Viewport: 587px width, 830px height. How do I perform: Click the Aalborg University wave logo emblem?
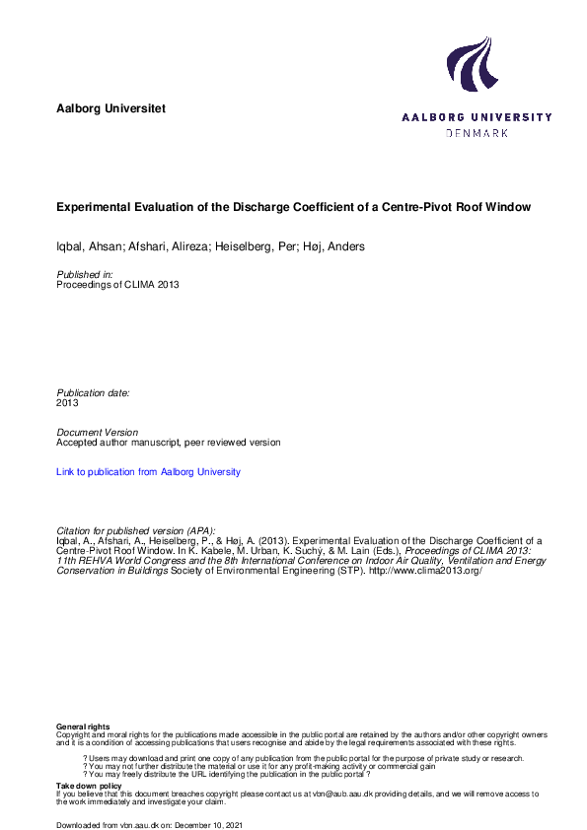click(x=470, y=65)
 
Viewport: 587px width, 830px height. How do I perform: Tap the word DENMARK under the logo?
click(x=477, y=132)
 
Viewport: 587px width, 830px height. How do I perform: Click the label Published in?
click(x=85, y=274)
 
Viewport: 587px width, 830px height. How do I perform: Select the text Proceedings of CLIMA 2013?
click(x=118, y=285)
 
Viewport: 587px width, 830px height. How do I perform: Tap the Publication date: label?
click(x=93, y=392)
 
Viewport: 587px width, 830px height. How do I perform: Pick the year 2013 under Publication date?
click(x=68, y=403)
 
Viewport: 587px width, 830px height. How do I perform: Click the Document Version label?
click(x=98, y=433)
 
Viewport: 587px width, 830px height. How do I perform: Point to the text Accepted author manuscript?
click(x=121, y=443)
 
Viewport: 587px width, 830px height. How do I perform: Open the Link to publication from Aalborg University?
click(x=149, y=472)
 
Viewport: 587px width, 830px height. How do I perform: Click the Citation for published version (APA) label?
click(x=136, y=530)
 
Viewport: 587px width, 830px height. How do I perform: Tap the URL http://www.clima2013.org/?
click(x=425, y=571)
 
